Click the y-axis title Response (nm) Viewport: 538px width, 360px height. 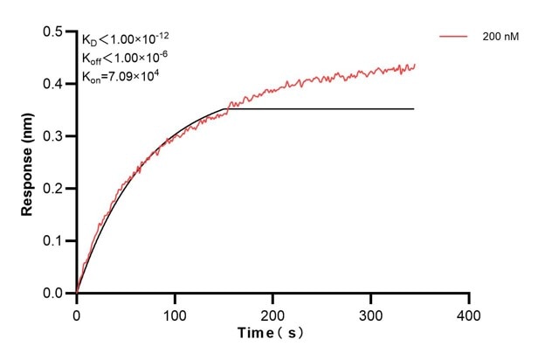28,163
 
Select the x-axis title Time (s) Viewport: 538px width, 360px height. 272,333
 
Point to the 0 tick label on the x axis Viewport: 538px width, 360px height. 77,311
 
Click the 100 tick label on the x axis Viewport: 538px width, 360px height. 175,311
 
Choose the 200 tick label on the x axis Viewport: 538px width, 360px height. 273,311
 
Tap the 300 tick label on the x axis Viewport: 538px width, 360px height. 371,311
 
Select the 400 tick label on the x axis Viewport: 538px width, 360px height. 470,311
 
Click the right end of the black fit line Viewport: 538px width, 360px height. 414,108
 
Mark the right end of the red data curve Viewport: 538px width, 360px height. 415,64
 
